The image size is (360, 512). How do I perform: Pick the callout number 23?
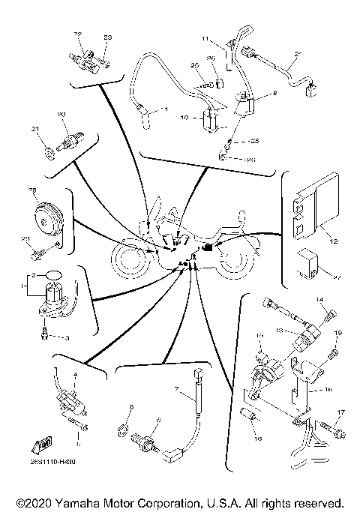(x=106, y=37)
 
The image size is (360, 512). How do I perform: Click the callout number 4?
(x=75, y=374)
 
